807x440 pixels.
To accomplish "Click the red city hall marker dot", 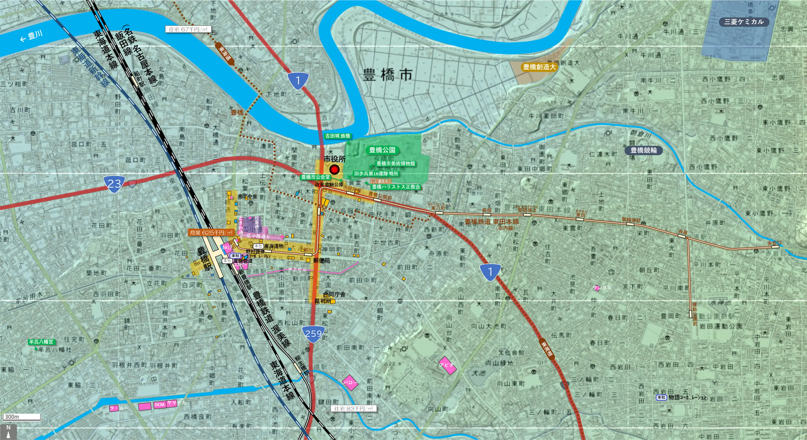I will point(335,169).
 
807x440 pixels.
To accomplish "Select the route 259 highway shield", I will point(313,334).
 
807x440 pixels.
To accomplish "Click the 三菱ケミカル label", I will point(744,22).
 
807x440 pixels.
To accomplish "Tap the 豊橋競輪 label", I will point(643,150).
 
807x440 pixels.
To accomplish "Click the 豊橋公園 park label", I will point(382,150).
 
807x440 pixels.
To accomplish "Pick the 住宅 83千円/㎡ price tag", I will point(353,408).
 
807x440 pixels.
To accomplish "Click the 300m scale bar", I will point(22,417).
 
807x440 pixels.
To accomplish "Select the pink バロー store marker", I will point(350,382).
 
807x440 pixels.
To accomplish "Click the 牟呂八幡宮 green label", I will point(41,342).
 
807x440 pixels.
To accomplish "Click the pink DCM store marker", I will point(159,405).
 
